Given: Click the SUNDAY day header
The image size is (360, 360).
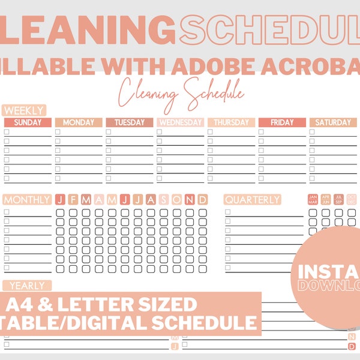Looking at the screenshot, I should [28, 122].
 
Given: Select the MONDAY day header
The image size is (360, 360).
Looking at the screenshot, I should [79, 122].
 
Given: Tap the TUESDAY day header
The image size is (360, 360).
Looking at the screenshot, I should [130, 122].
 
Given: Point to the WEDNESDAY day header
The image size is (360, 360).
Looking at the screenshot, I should [180, 122].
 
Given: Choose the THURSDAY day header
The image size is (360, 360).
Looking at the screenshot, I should [231, 122].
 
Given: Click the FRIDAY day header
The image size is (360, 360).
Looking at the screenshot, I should [282, 122].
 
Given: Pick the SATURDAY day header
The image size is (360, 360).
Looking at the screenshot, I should [333, 122].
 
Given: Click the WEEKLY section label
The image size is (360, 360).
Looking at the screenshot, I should [23, 110].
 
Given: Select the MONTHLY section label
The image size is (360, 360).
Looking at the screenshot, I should [27, 200].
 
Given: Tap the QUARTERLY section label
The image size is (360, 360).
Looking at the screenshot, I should [252, 200].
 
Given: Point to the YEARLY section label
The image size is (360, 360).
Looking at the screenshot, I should [27, 286].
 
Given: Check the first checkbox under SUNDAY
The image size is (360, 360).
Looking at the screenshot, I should [7, 132].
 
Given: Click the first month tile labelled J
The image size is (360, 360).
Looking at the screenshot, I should [59, 200].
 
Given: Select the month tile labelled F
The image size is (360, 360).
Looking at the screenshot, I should [73, 200].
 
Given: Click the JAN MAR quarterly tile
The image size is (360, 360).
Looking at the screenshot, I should [313, 199].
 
